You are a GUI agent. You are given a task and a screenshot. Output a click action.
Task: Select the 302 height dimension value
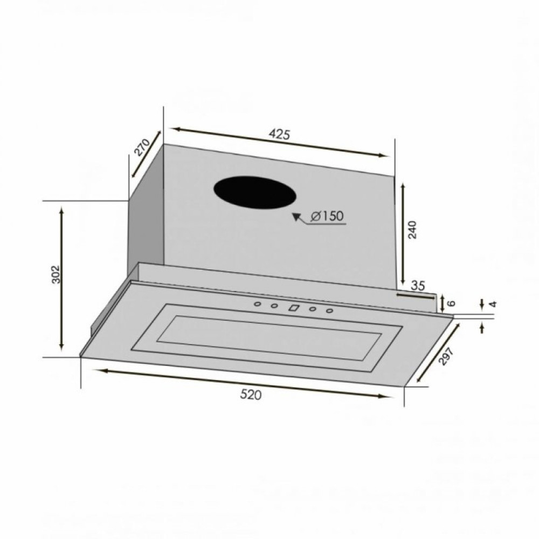click(x=56, y=276)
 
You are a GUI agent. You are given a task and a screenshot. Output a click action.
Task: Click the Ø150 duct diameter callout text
click(x=327, y=216)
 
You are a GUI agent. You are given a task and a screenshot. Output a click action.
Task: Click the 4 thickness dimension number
click(x=492, y=304)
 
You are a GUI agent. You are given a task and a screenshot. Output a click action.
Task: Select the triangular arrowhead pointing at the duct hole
click(x=296, y=217)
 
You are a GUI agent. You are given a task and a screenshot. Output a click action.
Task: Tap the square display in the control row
click(x=294, y=308)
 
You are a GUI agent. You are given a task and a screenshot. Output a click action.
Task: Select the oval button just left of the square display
click(x=274, y=307)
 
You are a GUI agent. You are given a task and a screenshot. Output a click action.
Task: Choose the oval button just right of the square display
click(x=312, y=309)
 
